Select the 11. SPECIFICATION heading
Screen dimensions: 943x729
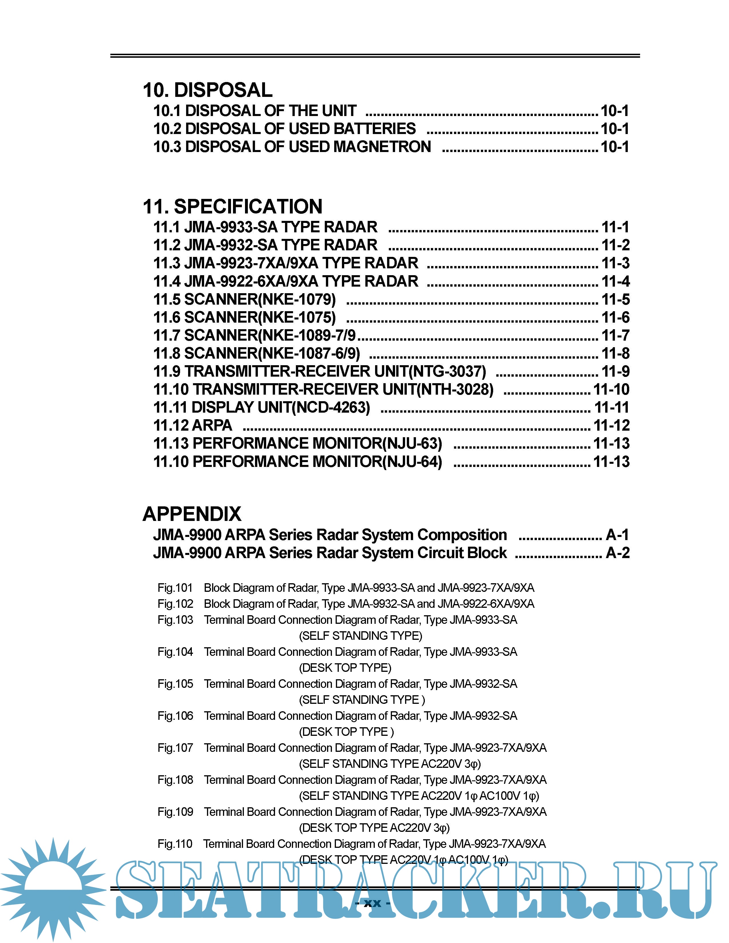(232, 206)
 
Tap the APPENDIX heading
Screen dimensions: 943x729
(192, 514)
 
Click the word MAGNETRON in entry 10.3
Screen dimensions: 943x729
(382, 147)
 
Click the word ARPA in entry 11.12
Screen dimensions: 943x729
(212, 425)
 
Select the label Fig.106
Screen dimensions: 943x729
(175, 716)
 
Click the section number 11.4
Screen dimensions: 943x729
(167, 281)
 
